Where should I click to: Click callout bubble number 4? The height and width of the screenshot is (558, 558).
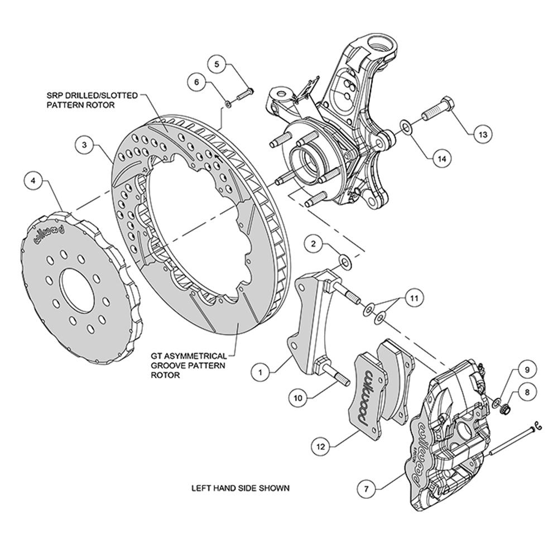pyautogui.click(x=35, y=181)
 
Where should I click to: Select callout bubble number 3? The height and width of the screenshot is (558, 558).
pyautogui.click(x=84, y=145)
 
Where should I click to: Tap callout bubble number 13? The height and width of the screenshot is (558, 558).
pyautogui.click(x=483, y=134)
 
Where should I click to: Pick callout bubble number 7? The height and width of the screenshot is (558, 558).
pyautogui.click(x=366, y=489)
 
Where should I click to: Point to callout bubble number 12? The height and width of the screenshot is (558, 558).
pyautogui.click(x=319, y=446)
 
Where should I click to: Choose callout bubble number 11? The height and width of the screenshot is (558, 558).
pyautogui.click(x=413, y=299)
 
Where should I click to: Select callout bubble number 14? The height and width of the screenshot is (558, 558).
pyautogui.click(x=441, y=158)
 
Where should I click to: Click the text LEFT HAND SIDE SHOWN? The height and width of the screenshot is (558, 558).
pyautogui.click(x=240, y=488)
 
